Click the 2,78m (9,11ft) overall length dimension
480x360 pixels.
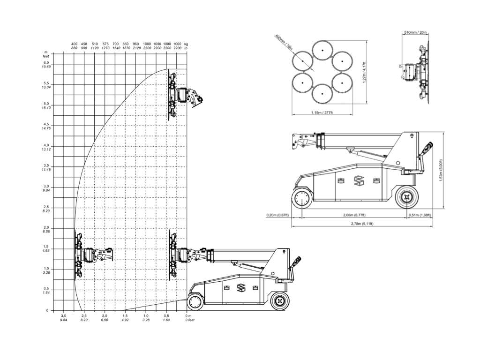(x=362, y=224)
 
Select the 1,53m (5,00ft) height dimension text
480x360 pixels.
(x=441, y=171)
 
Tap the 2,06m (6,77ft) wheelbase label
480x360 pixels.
(x=354, y=215)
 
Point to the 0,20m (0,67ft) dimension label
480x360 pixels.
(x=277, y=215)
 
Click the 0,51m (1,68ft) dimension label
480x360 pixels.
(x=420, y=215)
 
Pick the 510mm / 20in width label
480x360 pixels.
(x=415, y=32)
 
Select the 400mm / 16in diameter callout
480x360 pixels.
(x=284, y=42)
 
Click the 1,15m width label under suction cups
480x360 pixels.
(x=322, y=112)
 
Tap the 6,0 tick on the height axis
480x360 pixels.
(x=46, y=62)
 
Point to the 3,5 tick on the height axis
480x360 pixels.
(x=46, y=165)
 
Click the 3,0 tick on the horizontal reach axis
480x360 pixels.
(x=63, y=315)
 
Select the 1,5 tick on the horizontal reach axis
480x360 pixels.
(x=125, y=315)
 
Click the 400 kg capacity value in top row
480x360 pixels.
(x=74, y=44)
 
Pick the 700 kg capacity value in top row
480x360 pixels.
(x=115, y=44)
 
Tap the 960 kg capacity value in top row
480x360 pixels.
(x=136, y=44)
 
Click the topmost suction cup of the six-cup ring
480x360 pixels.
(x=322, y=51)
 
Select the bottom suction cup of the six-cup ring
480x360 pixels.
(x=322, y=93)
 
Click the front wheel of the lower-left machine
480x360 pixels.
(x=195, y=302)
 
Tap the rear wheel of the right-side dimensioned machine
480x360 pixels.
(x=406, y=197)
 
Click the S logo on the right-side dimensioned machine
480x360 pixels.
(x=358, y=180)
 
